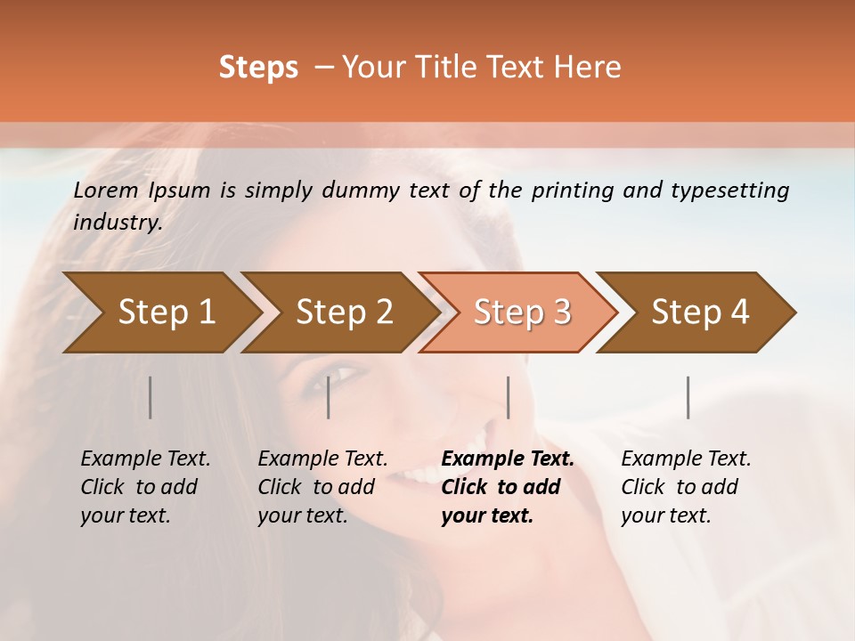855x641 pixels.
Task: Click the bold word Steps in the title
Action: click(258, 68)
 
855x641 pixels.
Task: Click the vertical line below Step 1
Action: click(150, 397)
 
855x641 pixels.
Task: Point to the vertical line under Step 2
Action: click(329, 397)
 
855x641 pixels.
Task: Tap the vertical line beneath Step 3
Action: click(508, 397)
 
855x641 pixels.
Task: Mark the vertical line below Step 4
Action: click(688, 397)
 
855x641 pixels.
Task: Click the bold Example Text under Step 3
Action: click(508, 487)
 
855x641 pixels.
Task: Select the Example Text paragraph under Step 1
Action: click(145, 487)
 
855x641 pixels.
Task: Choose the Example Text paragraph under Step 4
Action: click(686, 487)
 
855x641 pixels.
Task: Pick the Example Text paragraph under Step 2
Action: click(322, 487)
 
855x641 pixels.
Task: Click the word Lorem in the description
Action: click(106, 191)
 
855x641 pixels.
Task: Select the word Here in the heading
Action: click(591, 68)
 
